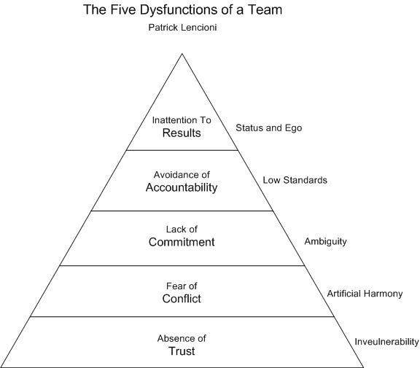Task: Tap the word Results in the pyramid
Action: (x=182, y=133)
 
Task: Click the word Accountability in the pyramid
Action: (x=182, y=187)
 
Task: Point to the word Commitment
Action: (x=182, y=242)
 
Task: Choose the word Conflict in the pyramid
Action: (x=182, y=298)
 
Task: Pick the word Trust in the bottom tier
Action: (x=182, y=351)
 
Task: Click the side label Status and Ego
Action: (x=268, y=128)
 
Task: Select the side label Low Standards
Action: (x=295, y=180)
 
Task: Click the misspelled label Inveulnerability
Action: (x=386, y=342)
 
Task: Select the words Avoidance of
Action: (x=182, y=175)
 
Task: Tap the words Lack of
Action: (x=182, y=230)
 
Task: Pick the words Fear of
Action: (x=182, y=286)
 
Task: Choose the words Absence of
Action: (x=182, y=339)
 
